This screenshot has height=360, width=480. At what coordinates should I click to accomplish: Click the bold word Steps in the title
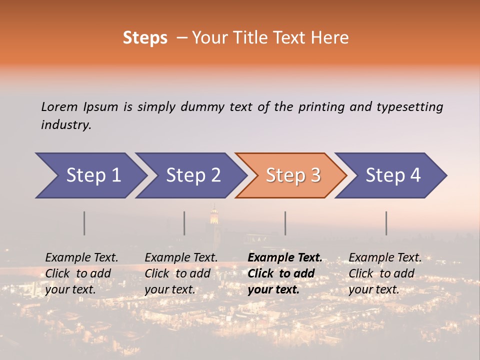(x=145, y=38)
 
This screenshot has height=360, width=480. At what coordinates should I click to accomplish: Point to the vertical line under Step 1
(x=84, y=223)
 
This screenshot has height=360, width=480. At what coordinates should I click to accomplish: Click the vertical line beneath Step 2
(x=184, y=223)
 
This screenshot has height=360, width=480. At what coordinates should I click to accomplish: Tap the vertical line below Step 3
(x=285, y=223)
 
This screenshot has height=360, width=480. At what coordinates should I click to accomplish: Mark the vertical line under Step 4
(x=386, y=223)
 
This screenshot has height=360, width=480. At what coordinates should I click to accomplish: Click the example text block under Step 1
(x=81, y=273)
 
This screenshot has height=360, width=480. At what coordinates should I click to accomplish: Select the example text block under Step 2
(x=181, y=273)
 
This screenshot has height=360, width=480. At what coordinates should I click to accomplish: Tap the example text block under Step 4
(x=385, y=273)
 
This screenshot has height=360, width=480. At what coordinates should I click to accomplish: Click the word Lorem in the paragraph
(x=59, y=107)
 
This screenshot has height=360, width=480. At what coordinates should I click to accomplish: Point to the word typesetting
(x=409, y=107)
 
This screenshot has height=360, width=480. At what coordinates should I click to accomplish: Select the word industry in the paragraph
(x=66, y=125)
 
